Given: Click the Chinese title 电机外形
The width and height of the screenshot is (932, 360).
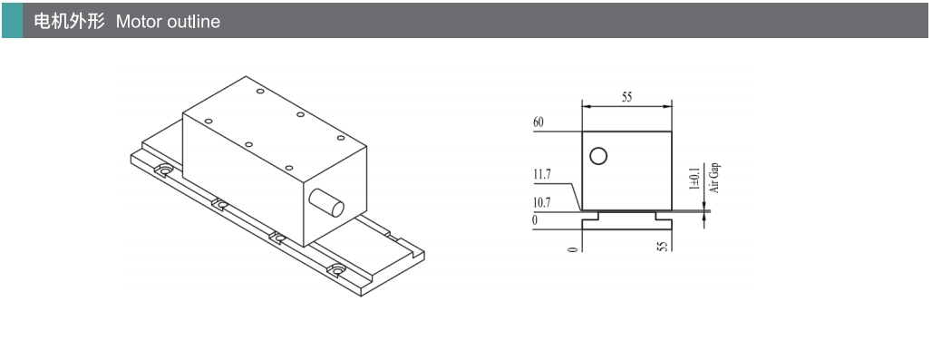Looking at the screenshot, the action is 69,22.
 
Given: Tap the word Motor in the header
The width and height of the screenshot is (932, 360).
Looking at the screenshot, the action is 140,22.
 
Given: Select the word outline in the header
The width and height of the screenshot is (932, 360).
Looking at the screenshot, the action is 194,22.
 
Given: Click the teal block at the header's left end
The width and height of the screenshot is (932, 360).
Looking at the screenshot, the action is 12,20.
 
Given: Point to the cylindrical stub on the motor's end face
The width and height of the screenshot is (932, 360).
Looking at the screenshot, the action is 326,202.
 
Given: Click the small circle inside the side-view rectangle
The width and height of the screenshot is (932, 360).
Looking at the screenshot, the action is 598,156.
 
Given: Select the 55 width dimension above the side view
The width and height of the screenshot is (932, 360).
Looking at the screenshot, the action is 627,98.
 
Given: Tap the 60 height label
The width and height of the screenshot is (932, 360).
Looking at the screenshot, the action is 539,123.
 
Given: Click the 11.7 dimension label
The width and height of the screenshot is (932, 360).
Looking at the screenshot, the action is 542,175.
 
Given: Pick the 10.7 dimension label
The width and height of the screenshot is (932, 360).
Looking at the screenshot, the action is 542,202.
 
